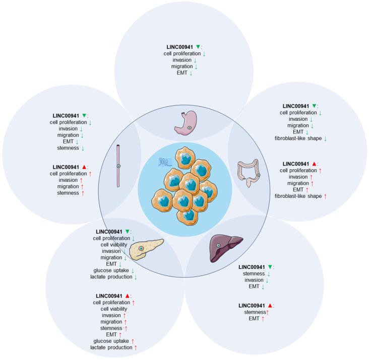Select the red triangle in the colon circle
[x=314, y=164]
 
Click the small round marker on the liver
[x=218, y=245]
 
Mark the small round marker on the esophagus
[x=118, y=166]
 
